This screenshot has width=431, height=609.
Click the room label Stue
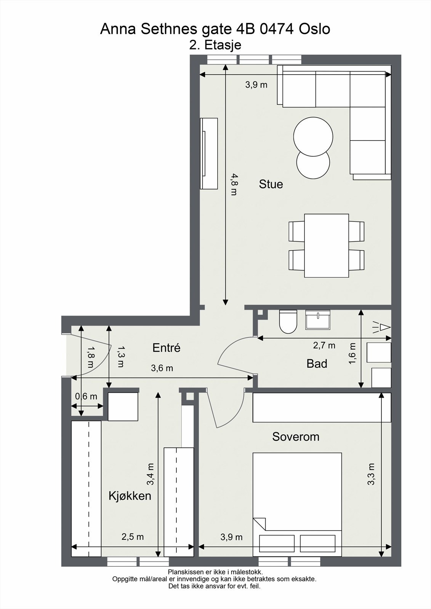[271, 184]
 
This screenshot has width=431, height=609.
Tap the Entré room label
[167, 348]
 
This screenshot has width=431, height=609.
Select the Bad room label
[317, 363]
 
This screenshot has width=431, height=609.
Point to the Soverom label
[296, 437]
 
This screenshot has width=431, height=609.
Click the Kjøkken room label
[130, 496]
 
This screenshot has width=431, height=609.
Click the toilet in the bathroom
[288, 322]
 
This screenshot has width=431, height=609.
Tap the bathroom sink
[318, 320]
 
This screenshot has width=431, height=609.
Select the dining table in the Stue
[327, 246]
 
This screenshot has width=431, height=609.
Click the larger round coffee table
[313, 137]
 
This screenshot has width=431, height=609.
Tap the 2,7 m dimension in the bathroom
[324, 345]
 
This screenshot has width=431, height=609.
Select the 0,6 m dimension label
[86, 396]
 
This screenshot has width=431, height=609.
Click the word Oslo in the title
[314, 29]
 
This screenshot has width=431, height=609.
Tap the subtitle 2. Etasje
[215, 45]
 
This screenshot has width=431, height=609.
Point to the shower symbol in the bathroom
[381, 327]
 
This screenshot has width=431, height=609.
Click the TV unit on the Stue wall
[209, 154]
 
